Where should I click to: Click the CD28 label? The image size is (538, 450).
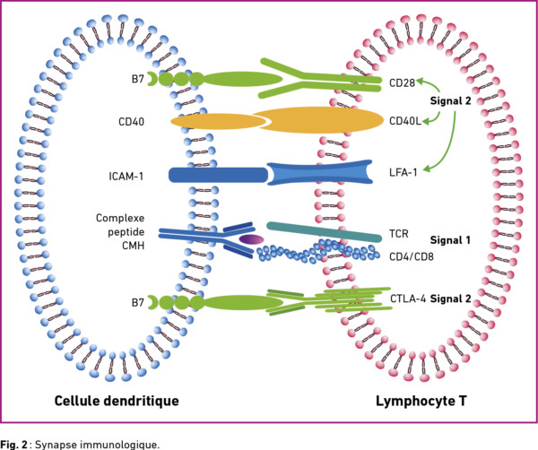(x=402, y=82)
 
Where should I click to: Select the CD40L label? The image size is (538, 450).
(x=405, y=121)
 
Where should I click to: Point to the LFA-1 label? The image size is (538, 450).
(x=403, y=172)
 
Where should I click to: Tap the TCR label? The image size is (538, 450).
(x=399, y=234)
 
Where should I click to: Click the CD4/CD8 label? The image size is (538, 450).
(x=412, y=256)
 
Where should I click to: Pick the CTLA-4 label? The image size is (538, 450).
(x=408, y=299)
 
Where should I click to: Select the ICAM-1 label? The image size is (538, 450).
(x=126, y=177)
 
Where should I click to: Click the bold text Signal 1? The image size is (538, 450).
(x=450, y=240)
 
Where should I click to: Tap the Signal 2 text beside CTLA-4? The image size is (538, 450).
(x=450, y=299)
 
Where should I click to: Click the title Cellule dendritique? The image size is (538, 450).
(x=117, y=401)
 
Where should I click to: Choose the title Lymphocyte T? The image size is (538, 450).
(x=421, y=401)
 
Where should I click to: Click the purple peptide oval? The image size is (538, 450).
(x=251, y=239)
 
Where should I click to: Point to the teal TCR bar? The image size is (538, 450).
(x=325, y=232)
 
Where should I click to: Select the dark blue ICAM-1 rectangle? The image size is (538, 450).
(x=218, y=175)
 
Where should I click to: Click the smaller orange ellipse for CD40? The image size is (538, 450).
(x=219, y=121)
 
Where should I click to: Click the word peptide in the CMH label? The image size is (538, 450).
(x=126, y=232)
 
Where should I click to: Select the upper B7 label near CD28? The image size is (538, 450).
(x=138, y=79)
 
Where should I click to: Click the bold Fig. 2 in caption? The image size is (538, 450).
(x=13, y=444)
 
